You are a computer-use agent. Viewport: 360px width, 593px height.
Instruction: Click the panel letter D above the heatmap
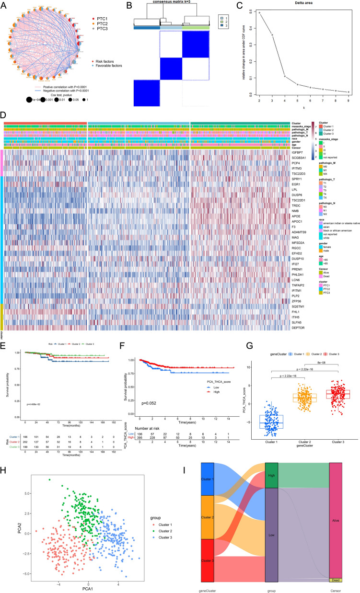pyautogui.click(x=4, y=115)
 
